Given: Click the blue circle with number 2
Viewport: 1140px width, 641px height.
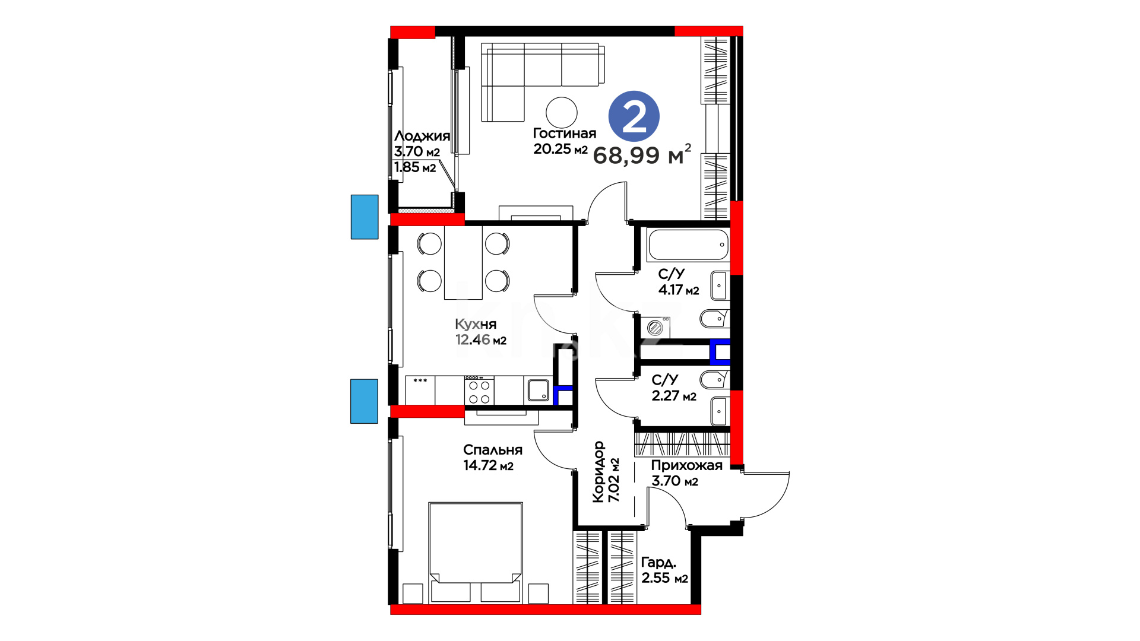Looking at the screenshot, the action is (x=634, y=116).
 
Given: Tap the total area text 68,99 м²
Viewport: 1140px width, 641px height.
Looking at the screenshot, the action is (x=642, y=154).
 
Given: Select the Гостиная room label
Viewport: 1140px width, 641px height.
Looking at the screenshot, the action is (x=564, y=134).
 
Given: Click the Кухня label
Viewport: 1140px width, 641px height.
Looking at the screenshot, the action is (x=476, y=324).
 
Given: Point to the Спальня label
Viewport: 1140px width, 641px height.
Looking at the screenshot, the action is (x=493, y=450).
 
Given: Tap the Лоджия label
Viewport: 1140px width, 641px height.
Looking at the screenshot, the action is (x=422, y=137).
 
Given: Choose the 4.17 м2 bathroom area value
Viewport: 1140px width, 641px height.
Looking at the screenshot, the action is (x=679, y=290).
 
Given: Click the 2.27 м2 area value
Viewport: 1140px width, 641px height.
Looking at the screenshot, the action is (x=674, y=396).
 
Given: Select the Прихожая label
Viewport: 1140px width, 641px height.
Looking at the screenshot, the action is (x=687, y=466).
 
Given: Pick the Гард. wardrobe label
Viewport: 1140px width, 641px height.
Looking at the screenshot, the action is (x=658, y=562).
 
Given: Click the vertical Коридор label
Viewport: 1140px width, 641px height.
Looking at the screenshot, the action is (x=598, y=472).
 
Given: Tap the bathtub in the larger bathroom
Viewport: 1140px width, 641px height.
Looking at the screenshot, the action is (x=688, y=245).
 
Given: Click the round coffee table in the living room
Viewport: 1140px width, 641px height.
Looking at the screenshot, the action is (x=561, y=113).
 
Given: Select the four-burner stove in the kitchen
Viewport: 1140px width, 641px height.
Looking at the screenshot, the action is (x=479, y=390).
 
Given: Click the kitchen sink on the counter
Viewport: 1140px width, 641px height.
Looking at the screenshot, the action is (x=539, y=390).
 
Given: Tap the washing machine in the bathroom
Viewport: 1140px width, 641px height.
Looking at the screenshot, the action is (x=655, y=328).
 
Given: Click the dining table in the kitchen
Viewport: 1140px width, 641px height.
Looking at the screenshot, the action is (x=463, y=262).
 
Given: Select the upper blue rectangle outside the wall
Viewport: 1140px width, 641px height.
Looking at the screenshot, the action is (x=365, y=217).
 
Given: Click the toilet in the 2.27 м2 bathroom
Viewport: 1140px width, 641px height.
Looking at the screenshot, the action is (x=714, y=379).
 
